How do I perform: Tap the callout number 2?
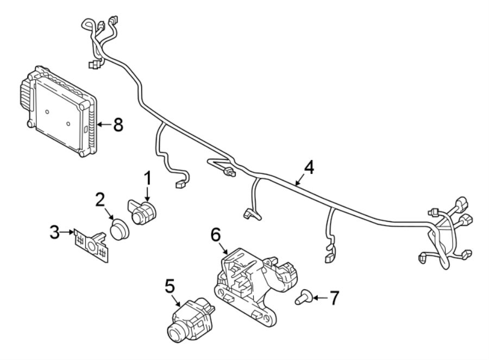click(x=99, y=199)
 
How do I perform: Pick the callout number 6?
click(x=215, y=235)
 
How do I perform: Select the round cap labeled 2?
click(x=119, y=229)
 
